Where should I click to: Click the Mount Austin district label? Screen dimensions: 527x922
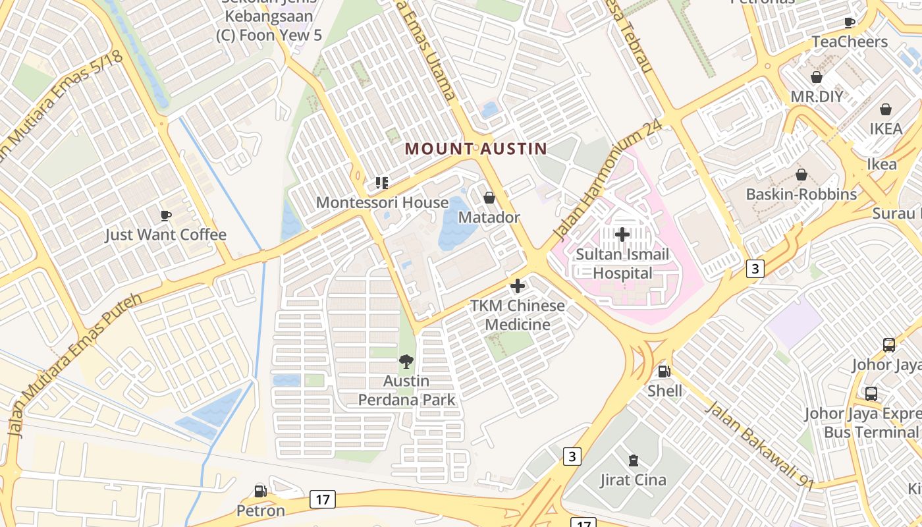pyautogui.click(x=475, y=149)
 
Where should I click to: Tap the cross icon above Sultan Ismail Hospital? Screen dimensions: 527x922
pyautogui.click(x=622, y=234)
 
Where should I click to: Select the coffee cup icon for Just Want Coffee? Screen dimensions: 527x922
pyautogui.click(x=165, y=215)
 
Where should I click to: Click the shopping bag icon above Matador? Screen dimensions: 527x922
pyautogui.click(x=489, y=198)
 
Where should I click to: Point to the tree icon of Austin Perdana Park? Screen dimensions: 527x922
pyautogui.click(x=406, y=361)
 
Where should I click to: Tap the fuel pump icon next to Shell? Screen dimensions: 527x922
pyautogui.click(x=664, y=372)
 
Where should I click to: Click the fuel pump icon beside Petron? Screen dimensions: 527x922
pyautogui.click(x=261, y=491)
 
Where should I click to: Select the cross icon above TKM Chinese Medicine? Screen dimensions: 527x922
pyautogui.click(x=518, y=286)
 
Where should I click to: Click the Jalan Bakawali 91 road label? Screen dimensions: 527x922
pyautogui.click(x=759, y=444)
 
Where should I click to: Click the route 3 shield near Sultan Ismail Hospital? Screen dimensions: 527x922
pyautogui.click(x=755, y=268)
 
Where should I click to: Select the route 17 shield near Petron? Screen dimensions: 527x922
pyautogui.click(x=322, y=499)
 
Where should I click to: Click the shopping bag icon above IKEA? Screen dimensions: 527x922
pyautogui.click(x=886, y=109)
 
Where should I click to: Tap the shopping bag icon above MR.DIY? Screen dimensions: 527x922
pyautogui.click(x=817, y=77)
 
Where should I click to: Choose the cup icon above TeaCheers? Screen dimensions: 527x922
pyautogui.click(x=850, y=22)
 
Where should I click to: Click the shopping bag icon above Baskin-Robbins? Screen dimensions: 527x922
pyautogui.click(x=801, y=175)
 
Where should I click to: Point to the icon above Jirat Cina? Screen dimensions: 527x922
pyautogui.click(x=633, y=460)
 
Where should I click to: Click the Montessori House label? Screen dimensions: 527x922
pyautogui.click(x=382, y=202)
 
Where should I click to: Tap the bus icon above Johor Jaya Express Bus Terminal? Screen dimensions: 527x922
pyautogui.click(x=871, y=394)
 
